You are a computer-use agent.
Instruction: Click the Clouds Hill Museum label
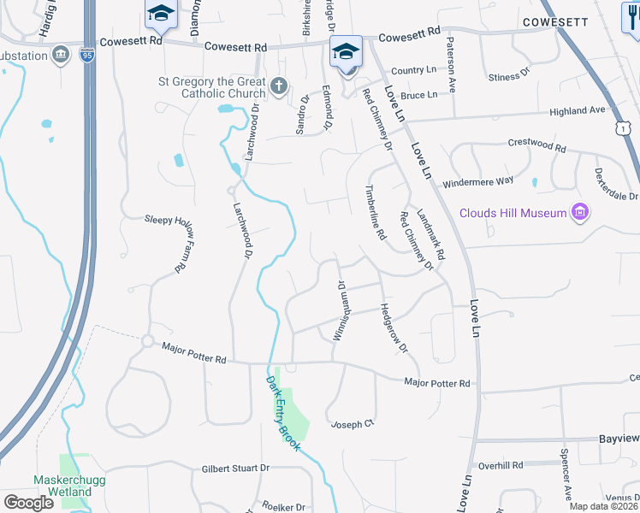tap(513, 213)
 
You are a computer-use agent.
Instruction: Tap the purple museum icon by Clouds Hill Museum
tap(581, 212)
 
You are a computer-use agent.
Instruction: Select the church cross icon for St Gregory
tap(278, 86)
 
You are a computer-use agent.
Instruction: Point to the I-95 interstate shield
tap(87, 55)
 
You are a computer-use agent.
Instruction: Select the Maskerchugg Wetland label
tap(62, 486)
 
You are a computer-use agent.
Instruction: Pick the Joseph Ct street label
tap(353, 424)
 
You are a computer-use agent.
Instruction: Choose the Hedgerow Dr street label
tap(394, 328)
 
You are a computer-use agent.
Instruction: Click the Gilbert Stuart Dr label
tap(235, 469)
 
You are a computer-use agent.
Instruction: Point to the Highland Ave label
tap(577, 111)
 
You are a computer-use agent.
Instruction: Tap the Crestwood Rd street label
tap(537, 146)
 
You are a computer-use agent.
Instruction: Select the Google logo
tap(28, 502)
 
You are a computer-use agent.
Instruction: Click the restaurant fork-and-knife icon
tap(631, 15)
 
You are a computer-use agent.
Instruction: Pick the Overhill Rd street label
tap(501, 466)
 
